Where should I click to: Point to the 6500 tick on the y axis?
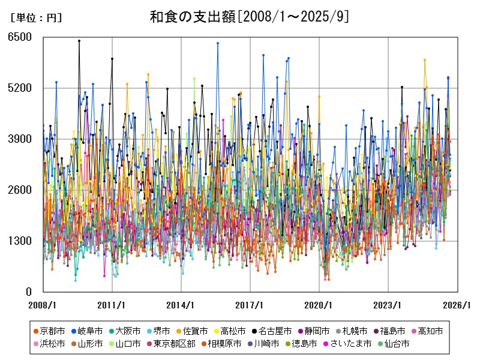pos(20,37)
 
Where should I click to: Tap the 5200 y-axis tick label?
pos(20,88)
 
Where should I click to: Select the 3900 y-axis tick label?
pos(20,139)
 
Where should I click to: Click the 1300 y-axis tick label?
pos(20,241)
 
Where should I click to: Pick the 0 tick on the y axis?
pos(28,292)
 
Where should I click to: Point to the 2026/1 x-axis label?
pos(456,305)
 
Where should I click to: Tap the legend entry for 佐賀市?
pos(195,331)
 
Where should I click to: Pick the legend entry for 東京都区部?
pos(170,344)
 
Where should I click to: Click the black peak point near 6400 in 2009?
pos(79,41)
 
